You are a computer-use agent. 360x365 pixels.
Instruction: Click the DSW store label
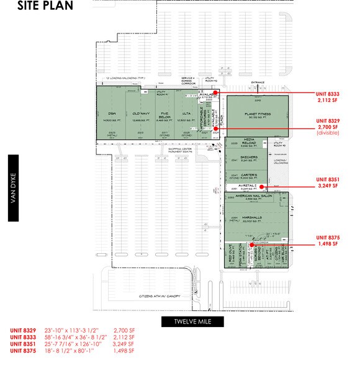pyautogui.click(x=112, y=113)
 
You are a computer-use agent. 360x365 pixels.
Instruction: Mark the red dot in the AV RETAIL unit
pyautogui.click(x=263, y=186)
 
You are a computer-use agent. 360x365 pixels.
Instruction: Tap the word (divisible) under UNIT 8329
pyautogui.click(x=328, y=133)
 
